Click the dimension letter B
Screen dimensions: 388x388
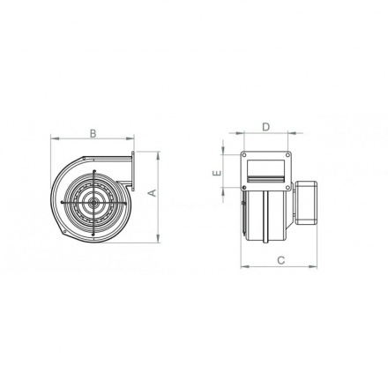point(93,133)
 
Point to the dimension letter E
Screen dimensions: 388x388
point(216,174)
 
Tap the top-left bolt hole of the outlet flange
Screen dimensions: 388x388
point(244,156)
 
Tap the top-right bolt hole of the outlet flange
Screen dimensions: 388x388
point(287,156)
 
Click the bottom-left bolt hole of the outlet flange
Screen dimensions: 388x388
point(244,187)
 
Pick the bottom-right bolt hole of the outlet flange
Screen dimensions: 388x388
point(287,187)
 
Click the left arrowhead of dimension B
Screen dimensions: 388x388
point(54,139)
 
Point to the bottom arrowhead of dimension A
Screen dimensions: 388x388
point(158,237)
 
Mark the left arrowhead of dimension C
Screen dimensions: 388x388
point(242,266)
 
